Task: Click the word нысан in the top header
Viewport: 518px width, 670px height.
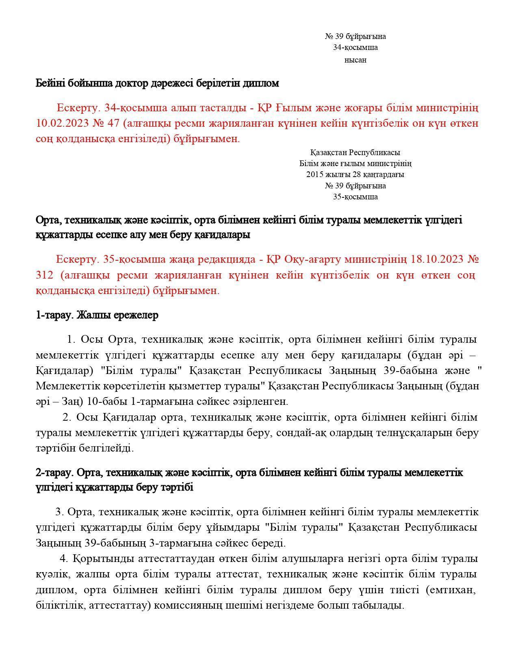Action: point(355,60)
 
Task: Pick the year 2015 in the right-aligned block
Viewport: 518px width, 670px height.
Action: point(314,175)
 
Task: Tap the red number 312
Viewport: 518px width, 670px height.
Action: point(44,275)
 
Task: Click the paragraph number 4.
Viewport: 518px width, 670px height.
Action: point(63,559)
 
